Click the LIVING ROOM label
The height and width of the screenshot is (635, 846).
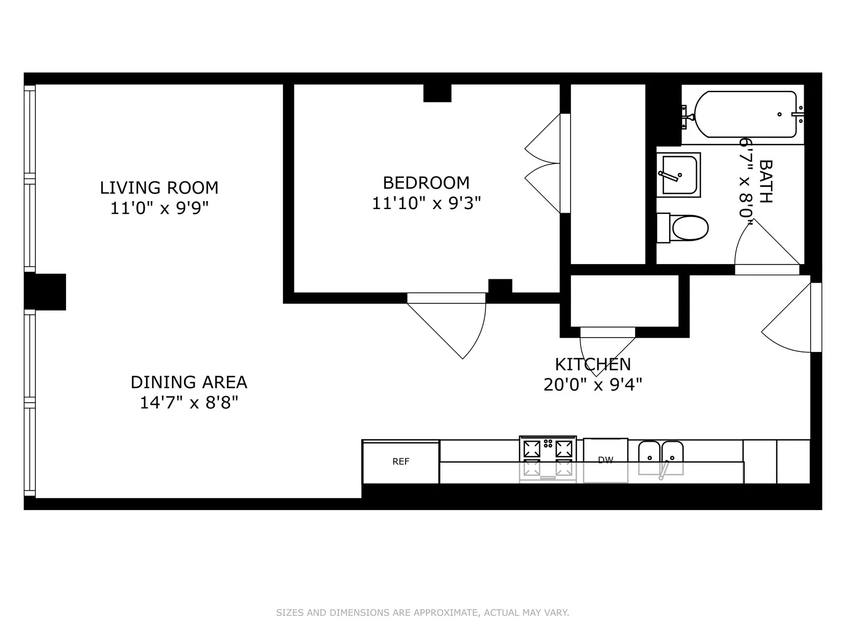(159, 187)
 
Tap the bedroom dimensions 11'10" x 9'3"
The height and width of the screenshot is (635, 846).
(426, 203)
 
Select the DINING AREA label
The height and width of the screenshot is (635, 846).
(189, 382)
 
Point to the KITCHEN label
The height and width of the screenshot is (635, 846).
(593, 365)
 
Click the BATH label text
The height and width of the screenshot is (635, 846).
(765, 182)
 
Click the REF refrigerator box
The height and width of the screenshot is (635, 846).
(401, 462)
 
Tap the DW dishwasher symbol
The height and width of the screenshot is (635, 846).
(605, 460)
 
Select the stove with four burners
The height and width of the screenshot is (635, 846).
(548, 458)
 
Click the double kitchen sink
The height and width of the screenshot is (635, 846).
(661, 458)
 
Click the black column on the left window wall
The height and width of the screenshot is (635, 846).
(47, 292)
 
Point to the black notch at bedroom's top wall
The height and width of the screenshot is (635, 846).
(437, 93)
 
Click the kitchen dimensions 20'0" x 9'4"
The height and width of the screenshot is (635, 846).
(593, 385)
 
